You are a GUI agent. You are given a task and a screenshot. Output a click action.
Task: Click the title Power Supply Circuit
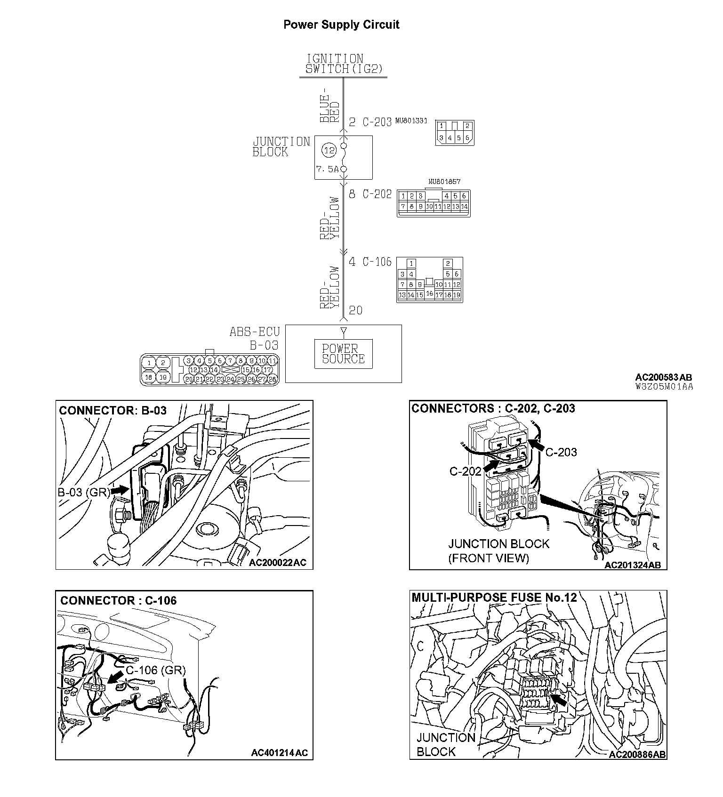click(x=341, y=25)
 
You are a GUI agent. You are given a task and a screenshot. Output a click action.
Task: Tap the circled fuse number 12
click(x=329, y=151)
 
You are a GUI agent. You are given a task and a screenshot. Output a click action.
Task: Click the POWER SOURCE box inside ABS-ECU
click(x=344, y=353)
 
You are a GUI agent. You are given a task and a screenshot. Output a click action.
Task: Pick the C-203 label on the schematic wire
click(x=377, y=122)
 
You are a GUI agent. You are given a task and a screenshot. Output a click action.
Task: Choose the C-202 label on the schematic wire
click(x=377, y=194)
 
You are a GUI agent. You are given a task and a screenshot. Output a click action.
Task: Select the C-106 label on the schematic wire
click(x=377, y=262)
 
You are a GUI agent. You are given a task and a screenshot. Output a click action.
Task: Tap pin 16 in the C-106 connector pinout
click(x=429, y=293)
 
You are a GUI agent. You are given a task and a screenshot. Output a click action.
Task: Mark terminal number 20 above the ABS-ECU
click(x=356, y=310)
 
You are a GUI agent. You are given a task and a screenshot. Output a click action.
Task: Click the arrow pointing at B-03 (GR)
click(x=120, y=490)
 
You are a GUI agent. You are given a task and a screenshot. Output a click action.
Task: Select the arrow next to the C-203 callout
click(x=536, y=445)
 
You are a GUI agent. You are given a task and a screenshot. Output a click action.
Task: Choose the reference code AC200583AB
click(x=664, y=377)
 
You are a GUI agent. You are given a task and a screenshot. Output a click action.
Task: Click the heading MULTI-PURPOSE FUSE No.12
click(x=494, y=598)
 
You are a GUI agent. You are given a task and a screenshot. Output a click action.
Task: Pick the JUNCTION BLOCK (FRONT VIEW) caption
click(x=498, y=551)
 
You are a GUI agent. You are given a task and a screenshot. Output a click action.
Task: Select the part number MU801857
click(x=444, y=181)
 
